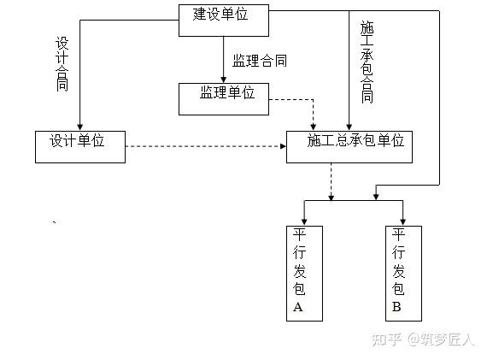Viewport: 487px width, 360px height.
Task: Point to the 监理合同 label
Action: coord(260,61)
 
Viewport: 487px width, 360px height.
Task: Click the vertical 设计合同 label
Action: coord(62,64)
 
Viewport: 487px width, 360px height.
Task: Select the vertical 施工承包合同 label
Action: coord(367,62)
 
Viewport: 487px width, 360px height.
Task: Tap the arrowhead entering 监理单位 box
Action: coord(223,80)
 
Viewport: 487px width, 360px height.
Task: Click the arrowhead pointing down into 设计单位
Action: coord(79,127)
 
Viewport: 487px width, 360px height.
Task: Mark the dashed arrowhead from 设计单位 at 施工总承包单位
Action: coord(283,146)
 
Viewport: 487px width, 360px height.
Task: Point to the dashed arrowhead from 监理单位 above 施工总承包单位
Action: coord(313,127)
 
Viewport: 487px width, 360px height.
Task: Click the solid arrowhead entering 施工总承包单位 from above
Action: coord(349,127)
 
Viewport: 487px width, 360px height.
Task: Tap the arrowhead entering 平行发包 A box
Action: coord(304,222)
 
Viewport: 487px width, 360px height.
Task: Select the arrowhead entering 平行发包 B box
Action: coord(402,222)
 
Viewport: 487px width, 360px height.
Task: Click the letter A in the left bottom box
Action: coord(298,307)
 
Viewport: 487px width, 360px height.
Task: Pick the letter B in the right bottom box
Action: coord(396,307)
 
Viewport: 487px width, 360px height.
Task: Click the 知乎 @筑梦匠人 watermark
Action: coord(423,339)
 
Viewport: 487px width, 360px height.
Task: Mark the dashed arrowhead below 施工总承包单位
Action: coord(332,197)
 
